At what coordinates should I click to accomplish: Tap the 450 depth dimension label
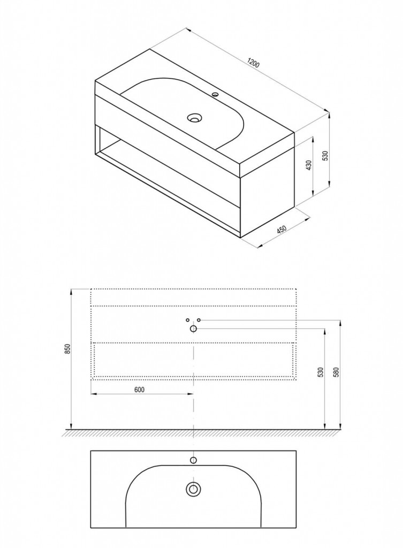point(282,230)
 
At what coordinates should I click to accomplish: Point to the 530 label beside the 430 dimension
point(325,156)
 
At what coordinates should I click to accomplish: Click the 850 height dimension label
point(68,349)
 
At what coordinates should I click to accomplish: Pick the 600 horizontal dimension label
point(140,390)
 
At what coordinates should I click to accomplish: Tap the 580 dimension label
point(337,372)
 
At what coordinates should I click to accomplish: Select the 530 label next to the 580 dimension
point(321,372)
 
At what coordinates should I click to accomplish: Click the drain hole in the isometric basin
point(194,118)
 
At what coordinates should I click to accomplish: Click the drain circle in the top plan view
point(193,489)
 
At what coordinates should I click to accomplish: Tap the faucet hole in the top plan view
point(193,460)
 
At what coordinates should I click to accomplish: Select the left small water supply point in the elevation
point(188,320)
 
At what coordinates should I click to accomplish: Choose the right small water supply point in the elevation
point(199,320)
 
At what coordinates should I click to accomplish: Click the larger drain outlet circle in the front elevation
point(193,329)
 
